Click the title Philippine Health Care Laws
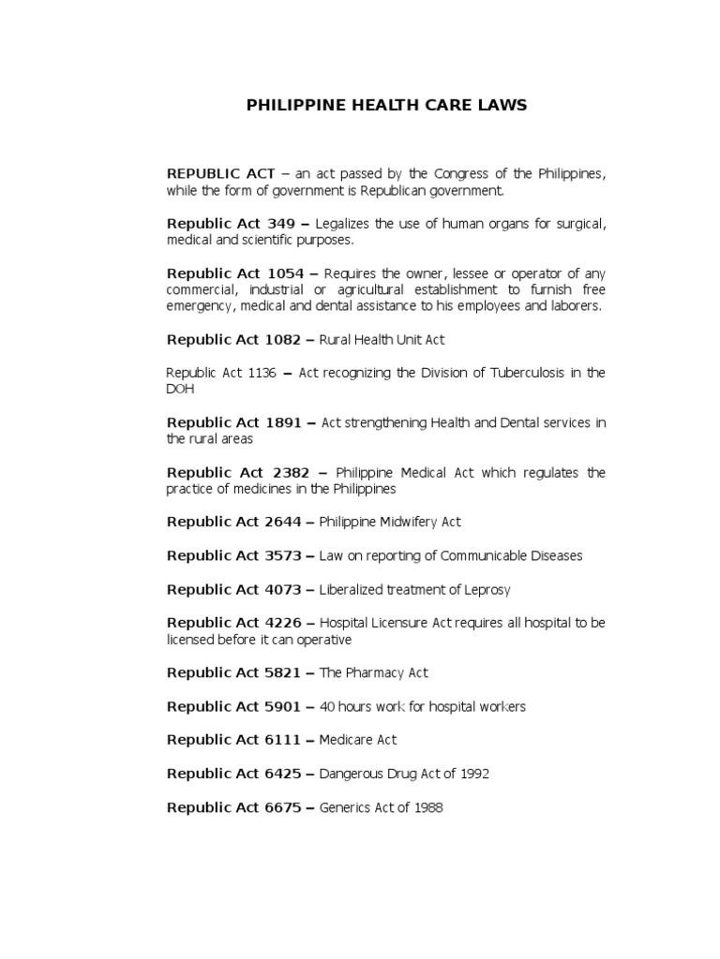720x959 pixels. click(386, 106)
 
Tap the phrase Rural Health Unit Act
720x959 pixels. click(382, 340)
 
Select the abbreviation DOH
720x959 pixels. click(177, 389)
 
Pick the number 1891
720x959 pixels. click(283, 423)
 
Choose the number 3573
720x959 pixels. click(283, 555)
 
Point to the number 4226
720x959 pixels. click(283, 622)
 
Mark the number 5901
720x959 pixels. click(283, 706)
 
